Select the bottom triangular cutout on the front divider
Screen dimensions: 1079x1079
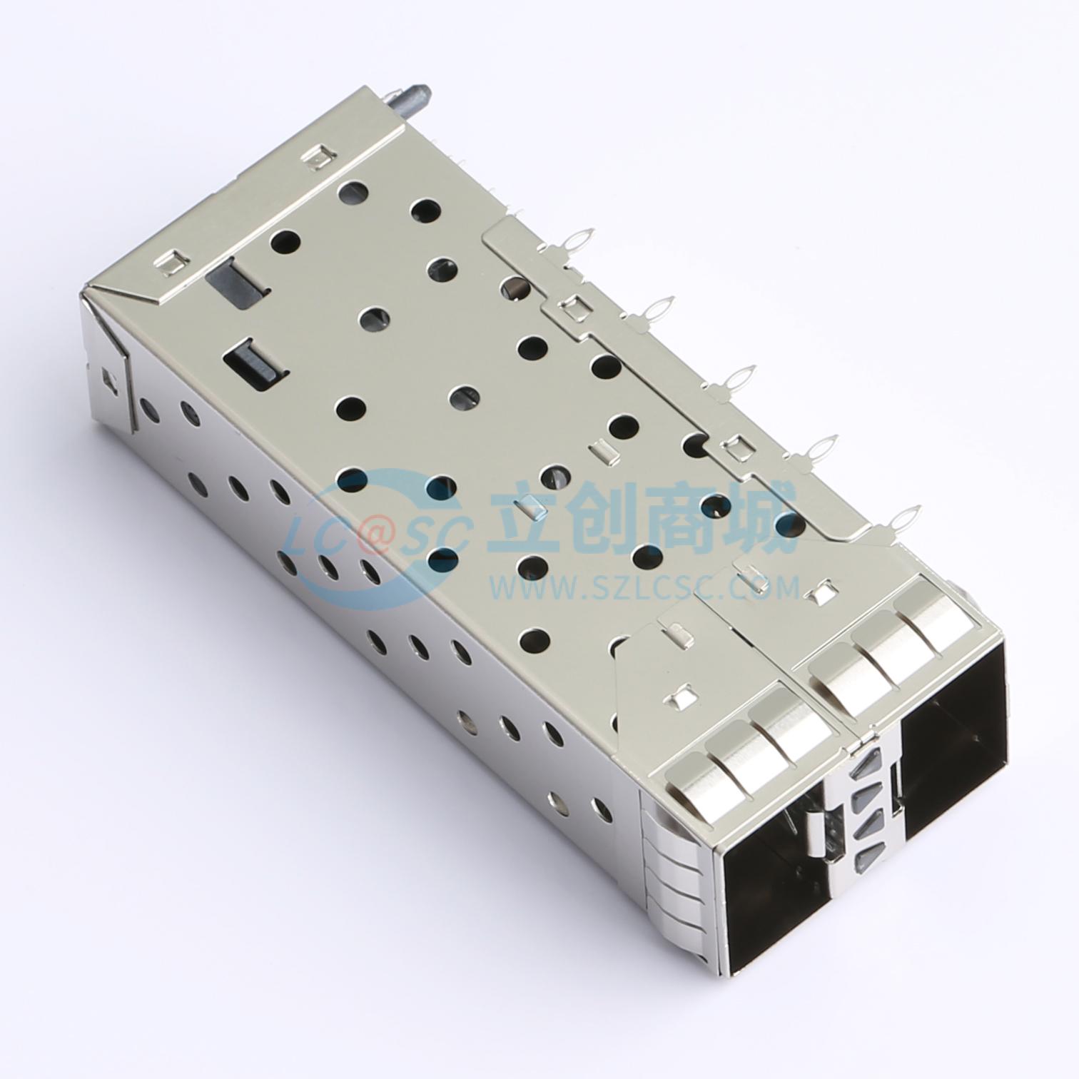[866, 855]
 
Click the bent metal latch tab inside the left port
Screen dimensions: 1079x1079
[814, 835]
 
